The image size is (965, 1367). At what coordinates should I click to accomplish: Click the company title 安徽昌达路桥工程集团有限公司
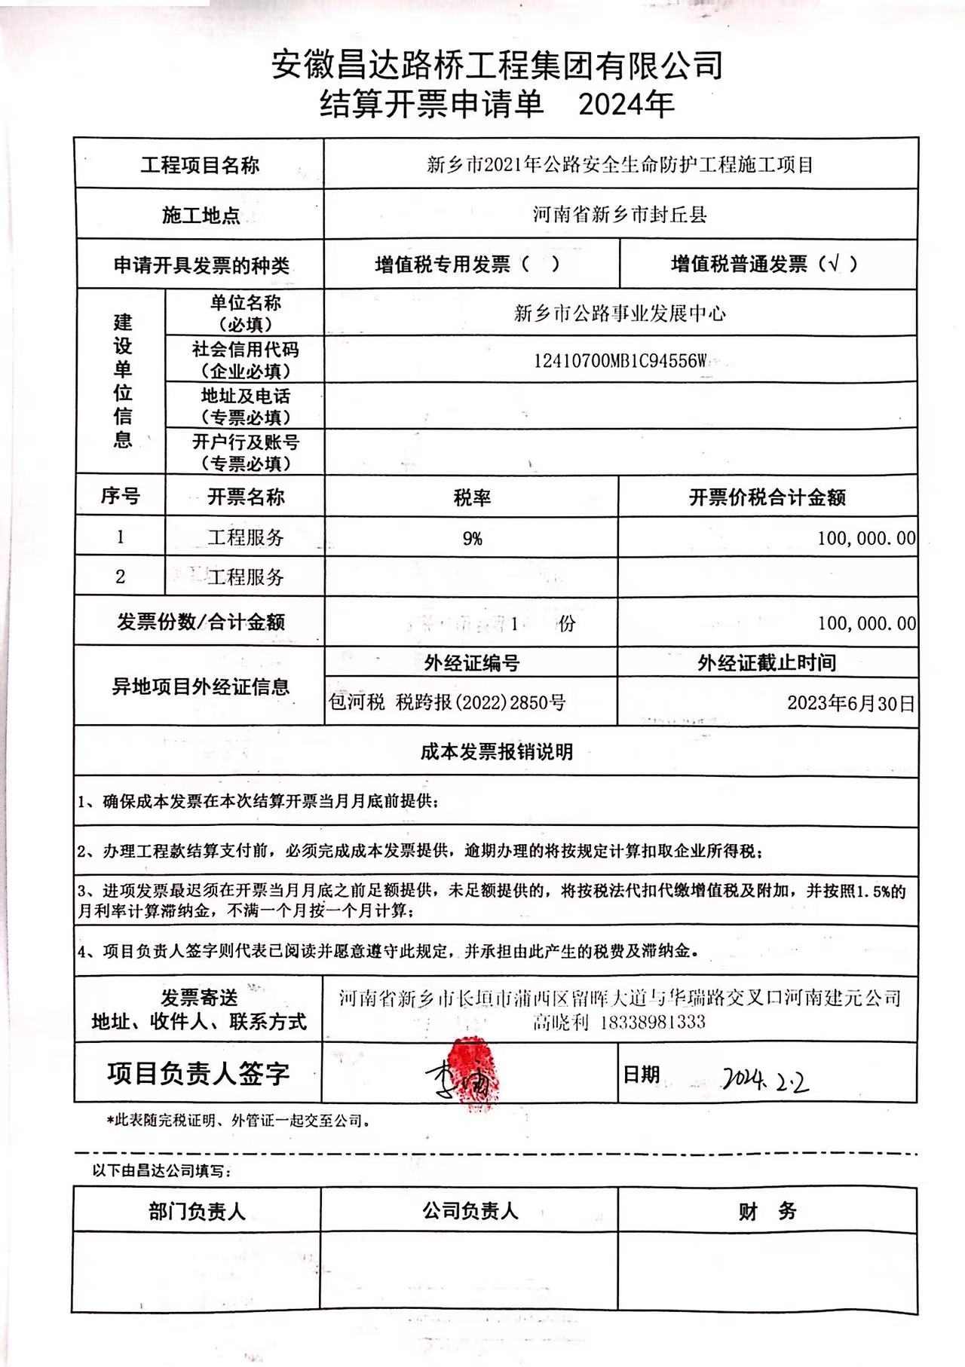pyautogui.click(x=497, y=66)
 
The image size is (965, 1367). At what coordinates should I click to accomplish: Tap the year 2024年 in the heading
pyautogui.click(x=625, y=105)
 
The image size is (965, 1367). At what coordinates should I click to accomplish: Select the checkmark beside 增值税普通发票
pyautogui.click(x=833, y=264)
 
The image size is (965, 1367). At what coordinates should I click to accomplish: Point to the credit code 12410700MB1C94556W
pyautogui.click(x=620, y=361)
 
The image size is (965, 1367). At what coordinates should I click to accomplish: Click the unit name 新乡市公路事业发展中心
pyautogui.click(x=620, y=313)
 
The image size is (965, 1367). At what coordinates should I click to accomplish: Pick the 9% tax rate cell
pyautogui.click(x=472, y=538)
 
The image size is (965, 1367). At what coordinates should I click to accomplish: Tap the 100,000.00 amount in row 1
pyautogui.click(x=865, y=538)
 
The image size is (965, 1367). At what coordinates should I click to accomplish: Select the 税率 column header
pyautogui.click(x=472, y=497)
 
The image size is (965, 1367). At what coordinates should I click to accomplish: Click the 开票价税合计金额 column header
pyautogui.click(x=767, y=497)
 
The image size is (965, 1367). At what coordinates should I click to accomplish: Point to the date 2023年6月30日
pyautogui.click(x=850, y=703)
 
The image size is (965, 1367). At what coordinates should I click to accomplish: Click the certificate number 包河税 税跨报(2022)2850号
pyautogui.click(x=447, y=703)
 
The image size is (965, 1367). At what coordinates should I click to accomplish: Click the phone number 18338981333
pyautogui.click(x=653, y=1023)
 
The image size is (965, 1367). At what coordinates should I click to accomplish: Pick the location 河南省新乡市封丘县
pyautogui.click(x=620, y=215)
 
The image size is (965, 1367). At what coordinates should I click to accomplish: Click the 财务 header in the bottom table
pyautogui.click(x=767, y=1212)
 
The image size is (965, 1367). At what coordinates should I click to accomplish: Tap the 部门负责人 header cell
pyautogui.click(x=197, y=1212)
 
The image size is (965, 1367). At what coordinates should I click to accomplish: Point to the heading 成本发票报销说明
pyautogui.click(x=496, y=751)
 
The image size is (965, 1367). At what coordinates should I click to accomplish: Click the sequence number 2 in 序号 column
pyautogui.click(x=121, y=576)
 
